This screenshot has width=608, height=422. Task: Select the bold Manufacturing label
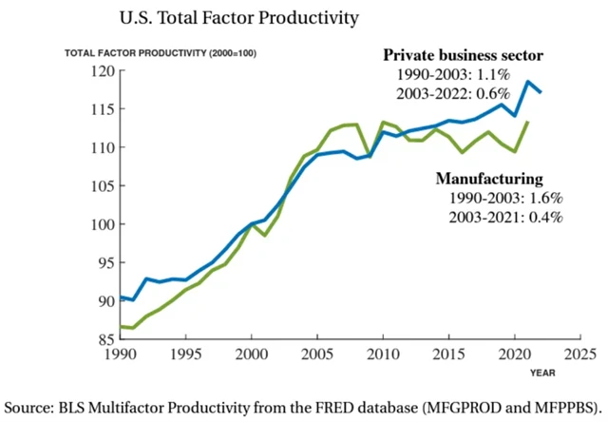point(488,178)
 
